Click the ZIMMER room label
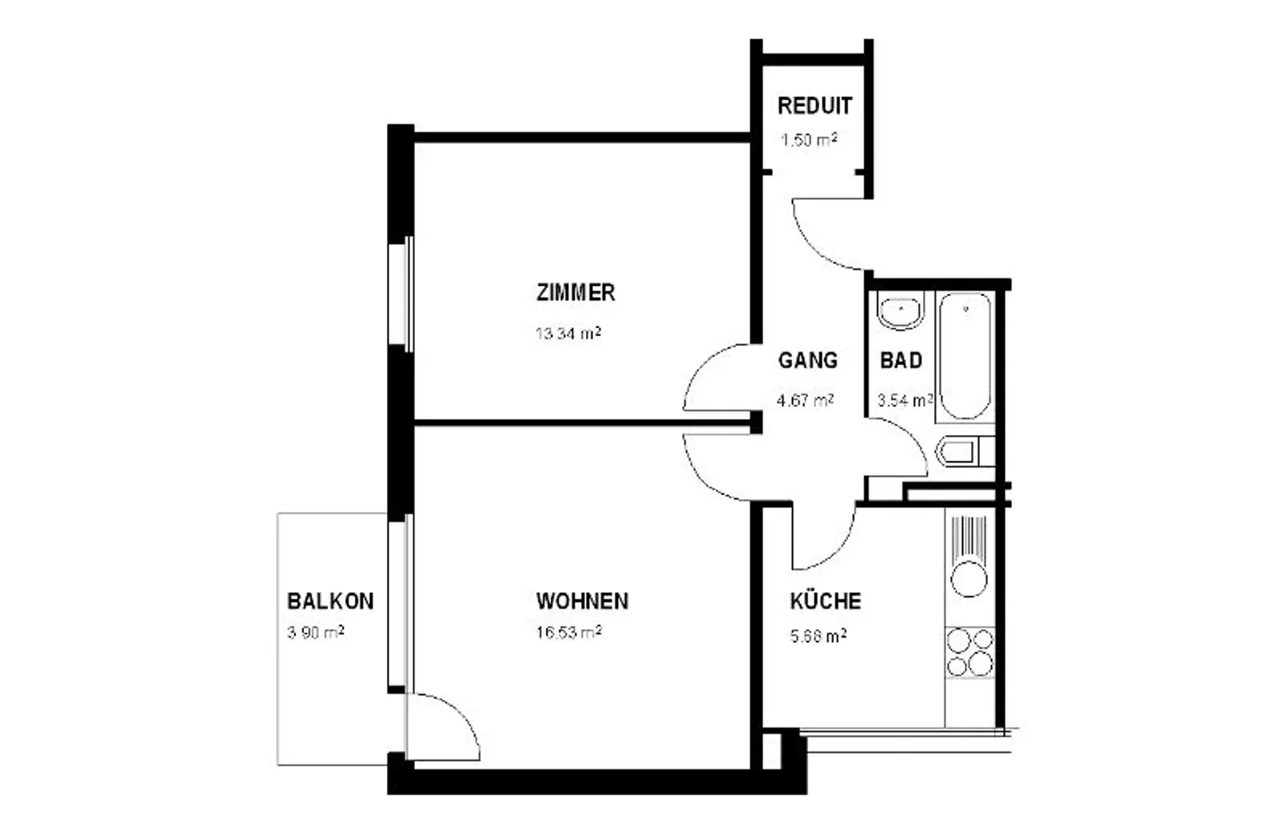coord(575,292)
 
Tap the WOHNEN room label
coord(581,601)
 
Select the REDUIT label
coord(814,106)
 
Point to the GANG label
coord(807,360)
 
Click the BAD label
coord(901,360)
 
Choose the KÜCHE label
coord(825,601)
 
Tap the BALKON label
coord(330,601)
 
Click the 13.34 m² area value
coord(567,333)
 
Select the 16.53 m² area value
coord(567,633)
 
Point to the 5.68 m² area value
coord(818,636)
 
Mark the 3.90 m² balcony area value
coord(316,633)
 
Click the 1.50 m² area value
coord(809,140)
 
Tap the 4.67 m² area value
coord(804,400)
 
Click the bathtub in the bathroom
coord(965,355)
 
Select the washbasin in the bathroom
coord(900,312)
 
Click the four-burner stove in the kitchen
coord(969,652)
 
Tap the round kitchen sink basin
coord(969,579)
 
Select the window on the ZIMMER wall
coord(407,294)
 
